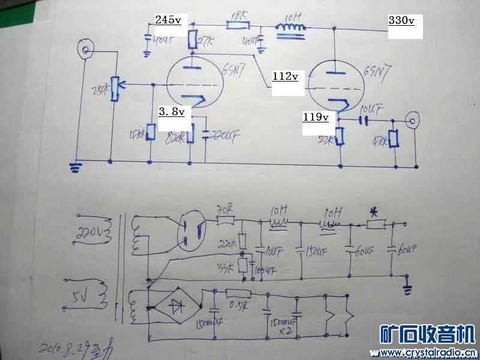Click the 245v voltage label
coord(167,20)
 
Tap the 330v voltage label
coord(401,20)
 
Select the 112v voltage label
coord(285,77)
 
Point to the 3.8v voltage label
coord(171,112)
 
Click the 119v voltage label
coord(316,118)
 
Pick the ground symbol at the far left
coord(76,167)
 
